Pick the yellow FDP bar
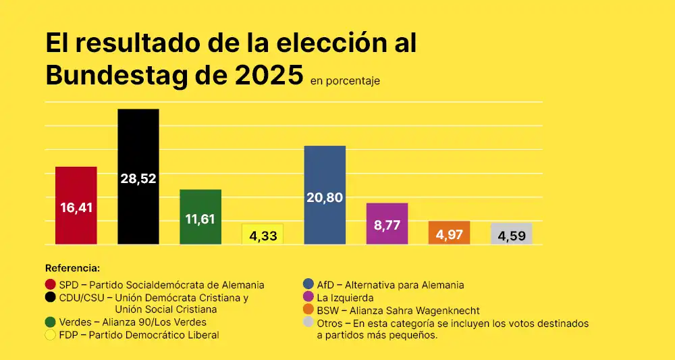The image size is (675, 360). click(x=263, y=234)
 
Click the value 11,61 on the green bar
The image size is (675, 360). click(x=200, y=219)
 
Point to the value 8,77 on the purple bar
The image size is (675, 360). click(x=387, y=226)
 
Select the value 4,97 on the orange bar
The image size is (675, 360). click(x=449, y=235)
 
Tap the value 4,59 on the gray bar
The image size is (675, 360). click(x=511, y=236)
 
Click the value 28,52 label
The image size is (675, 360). click(x=138, y=178)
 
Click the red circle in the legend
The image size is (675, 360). click(x=50, y=284)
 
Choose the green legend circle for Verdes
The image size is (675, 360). click(x=50, y=322)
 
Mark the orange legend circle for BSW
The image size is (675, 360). click(x=308, y=310)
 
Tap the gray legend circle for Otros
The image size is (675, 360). click(x=308, y=323)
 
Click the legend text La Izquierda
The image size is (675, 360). click(x=345, y=297)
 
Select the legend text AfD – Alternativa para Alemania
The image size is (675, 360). click(x=390, y=285)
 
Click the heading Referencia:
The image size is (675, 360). click(x=72, y=268)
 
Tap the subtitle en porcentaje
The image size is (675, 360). click(x=345, y=81)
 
